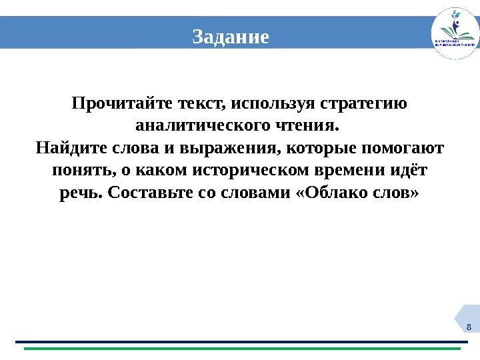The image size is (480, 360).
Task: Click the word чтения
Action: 311,125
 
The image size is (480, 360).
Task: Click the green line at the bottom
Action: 240,349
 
